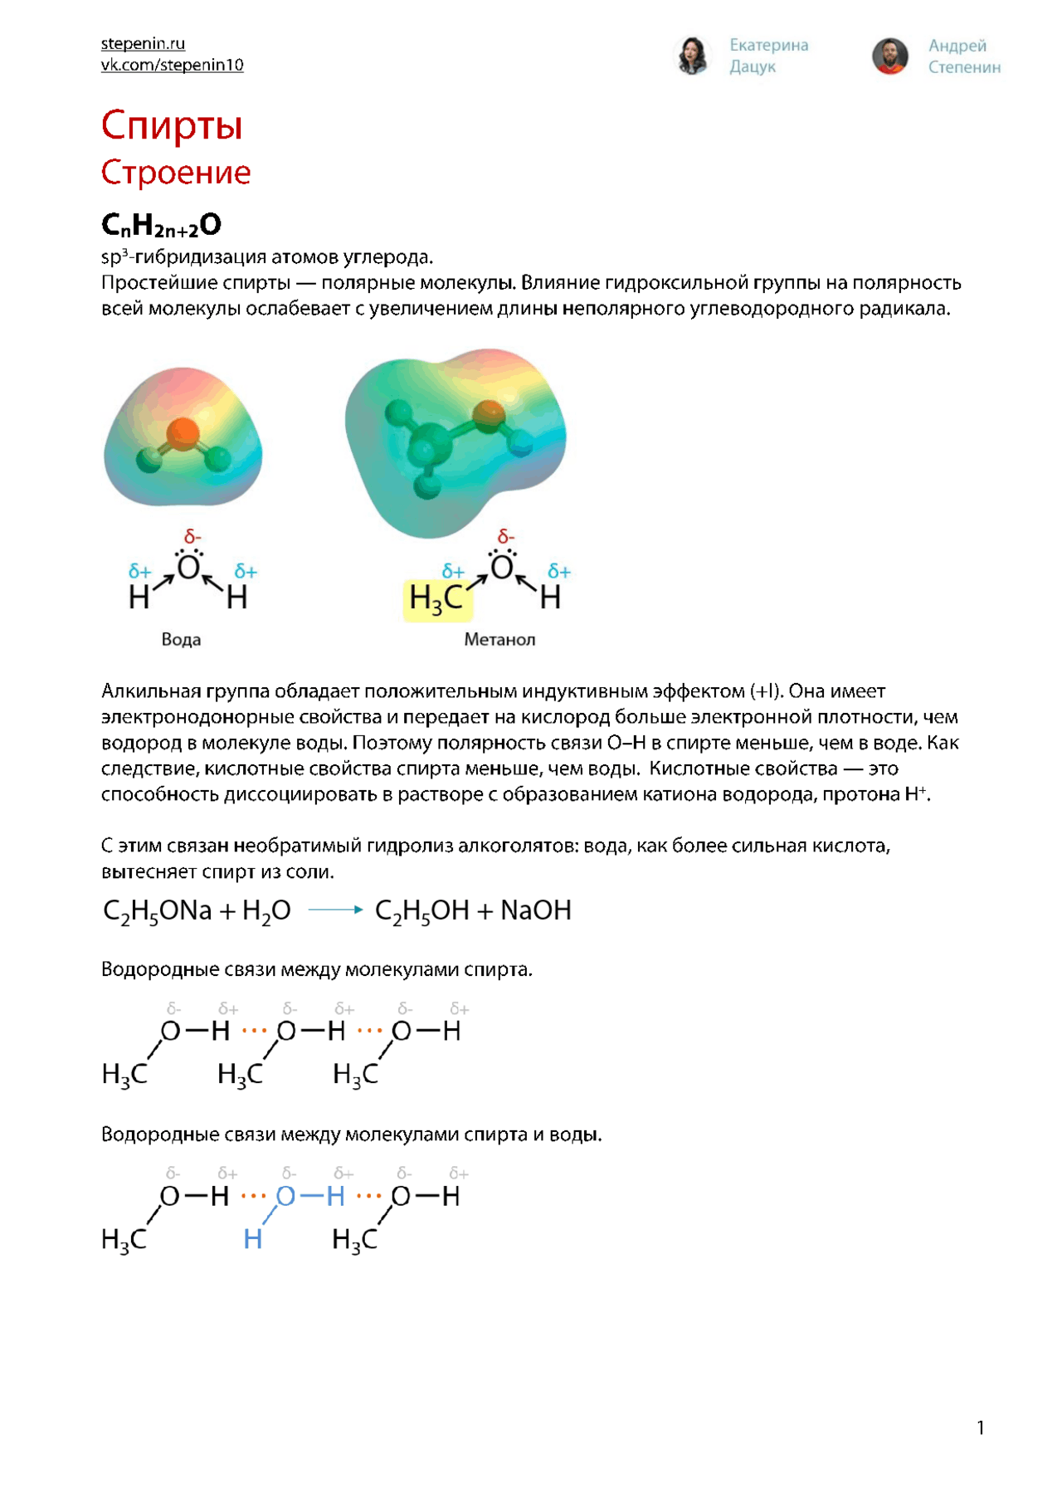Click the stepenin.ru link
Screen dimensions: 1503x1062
click(143, 43)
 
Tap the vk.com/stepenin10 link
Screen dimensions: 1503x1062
click(172, 65)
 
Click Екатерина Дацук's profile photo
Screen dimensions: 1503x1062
click(692, 56)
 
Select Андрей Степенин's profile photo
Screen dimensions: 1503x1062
click(890, 56)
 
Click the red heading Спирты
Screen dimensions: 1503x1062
click(172, 125)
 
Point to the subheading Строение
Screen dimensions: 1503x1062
click(175, 173)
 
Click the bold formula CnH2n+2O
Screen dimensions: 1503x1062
click(161, 225)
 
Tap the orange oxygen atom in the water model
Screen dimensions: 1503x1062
click(183, 432)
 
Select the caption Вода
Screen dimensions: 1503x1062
click(181, 640)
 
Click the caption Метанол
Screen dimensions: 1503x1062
click(499, 640)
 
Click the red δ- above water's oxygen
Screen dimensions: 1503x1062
click(192, 536)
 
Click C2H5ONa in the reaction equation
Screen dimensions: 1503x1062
click(158, 911)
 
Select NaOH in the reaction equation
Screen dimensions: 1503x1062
click(535, 910)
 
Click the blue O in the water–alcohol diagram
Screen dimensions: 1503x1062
click(285, 1196)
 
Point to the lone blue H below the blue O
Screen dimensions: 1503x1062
click(253, 1239)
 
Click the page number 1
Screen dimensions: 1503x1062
click(981, 1427)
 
